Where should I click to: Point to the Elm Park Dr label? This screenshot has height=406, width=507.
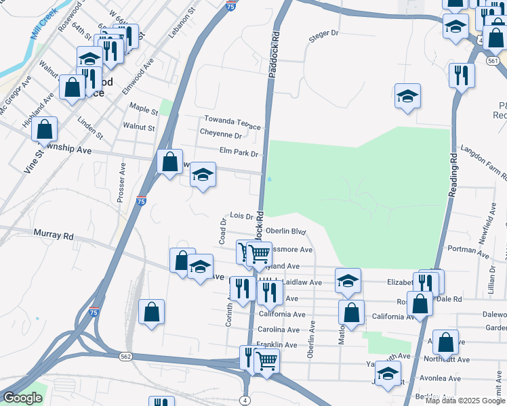(x=239, y=153)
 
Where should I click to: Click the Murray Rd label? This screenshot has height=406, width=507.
(x=53, y=235)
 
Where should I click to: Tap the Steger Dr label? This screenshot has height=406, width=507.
(x=323, y=33)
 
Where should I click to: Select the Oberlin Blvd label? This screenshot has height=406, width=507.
(x=287, y=231)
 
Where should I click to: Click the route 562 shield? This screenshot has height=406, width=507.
(x=125, y=355)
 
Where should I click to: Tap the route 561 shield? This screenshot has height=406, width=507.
(x=493, y=60)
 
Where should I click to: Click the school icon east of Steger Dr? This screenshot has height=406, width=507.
(x=407, y=96)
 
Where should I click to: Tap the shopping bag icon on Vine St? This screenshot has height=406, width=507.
(x=45, y=129)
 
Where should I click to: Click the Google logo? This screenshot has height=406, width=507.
(x=22, y=398)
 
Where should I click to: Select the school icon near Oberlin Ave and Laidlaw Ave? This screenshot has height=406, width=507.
(x=348, y=280)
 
